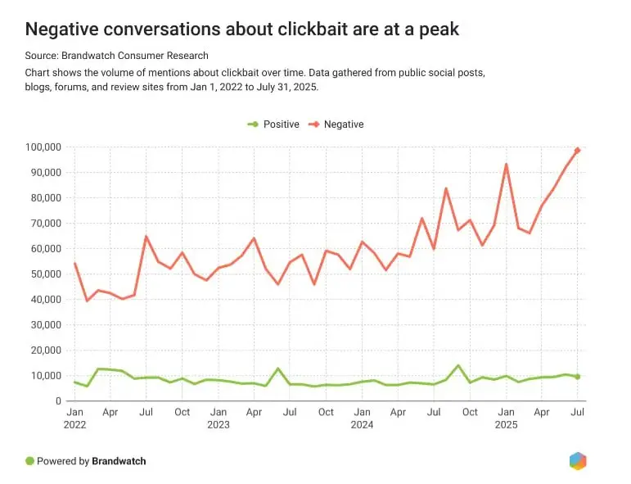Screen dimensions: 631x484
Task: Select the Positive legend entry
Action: pos(273,124)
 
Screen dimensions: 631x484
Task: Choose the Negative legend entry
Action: pos(336,124)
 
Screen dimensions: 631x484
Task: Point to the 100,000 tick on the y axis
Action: pos(43,147)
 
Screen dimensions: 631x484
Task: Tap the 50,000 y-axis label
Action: pos(46,274)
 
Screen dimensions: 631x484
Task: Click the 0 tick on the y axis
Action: pos(58,401)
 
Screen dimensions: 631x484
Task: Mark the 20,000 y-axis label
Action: pos(46,351)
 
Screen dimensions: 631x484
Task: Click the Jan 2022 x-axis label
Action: pos(74,418)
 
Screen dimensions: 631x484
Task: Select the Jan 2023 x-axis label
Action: pos(219,418)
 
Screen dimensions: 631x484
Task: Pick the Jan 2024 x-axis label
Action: pos(363,418)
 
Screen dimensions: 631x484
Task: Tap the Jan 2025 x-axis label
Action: pos(506,418)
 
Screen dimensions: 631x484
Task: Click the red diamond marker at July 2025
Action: pos(578,151)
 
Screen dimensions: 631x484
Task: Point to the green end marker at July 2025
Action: pos(578,377)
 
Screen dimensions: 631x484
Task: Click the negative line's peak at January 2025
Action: pos(507,165)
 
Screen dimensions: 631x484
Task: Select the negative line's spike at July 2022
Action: pos(146,237)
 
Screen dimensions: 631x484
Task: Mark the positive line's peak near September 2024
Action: pos(458,365)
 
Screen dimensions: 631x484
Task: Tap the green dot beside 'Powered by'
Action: pos(29,461)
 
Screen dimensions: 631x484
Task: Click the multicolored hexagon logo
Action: pos(578,461)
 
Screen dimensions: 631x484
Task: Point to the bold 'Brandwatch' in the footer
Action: pos(119,461)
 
